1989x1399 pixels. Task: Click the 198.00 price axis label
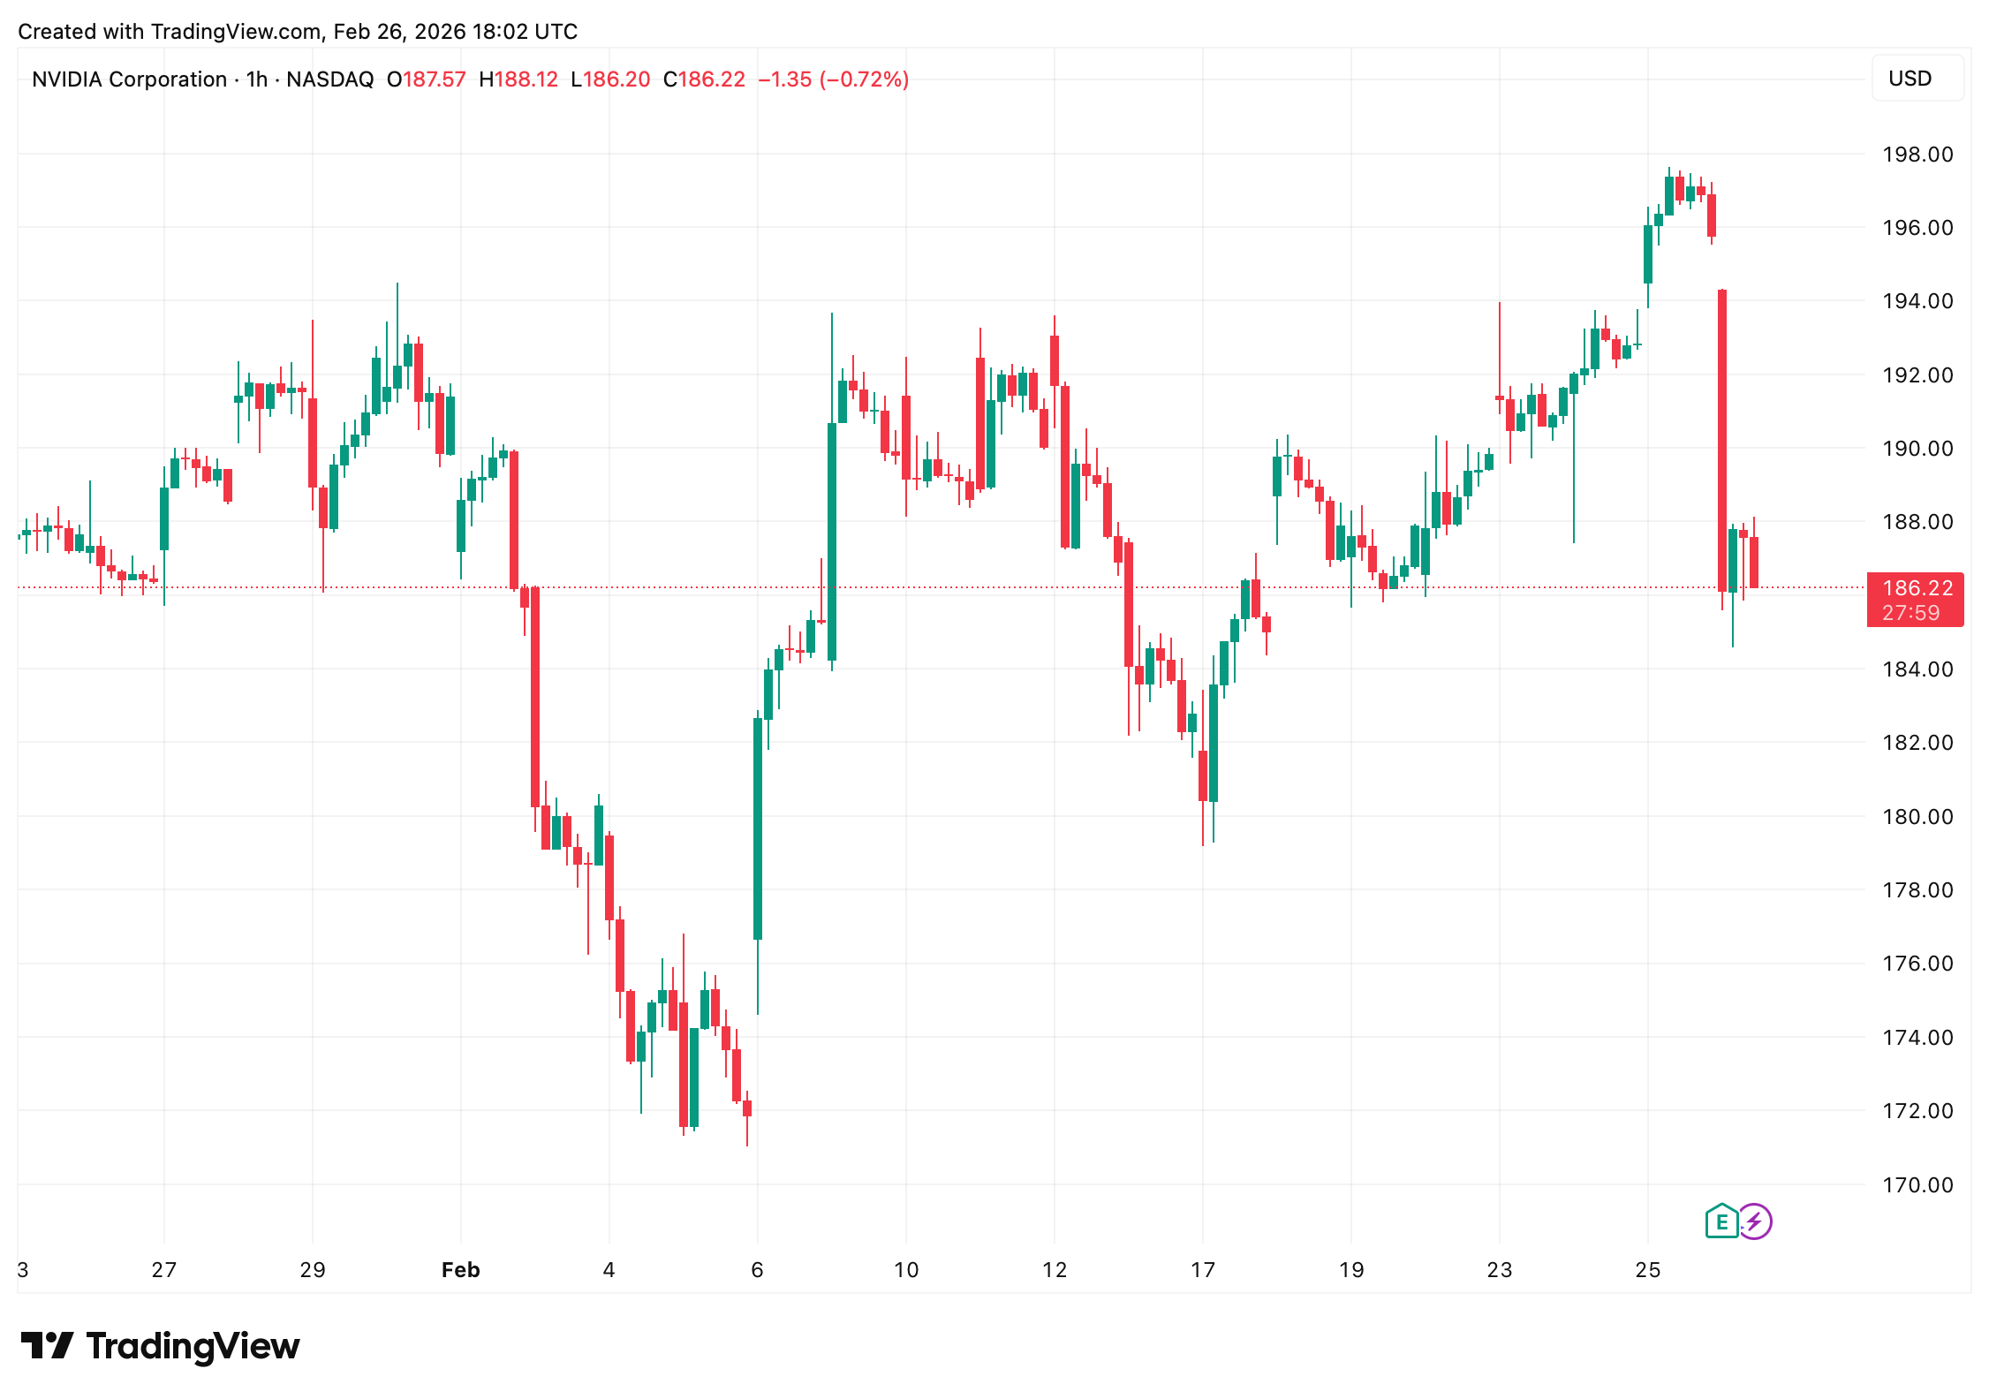click(1917, 155)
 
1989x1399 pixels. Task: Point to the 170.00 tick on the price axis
click(1917, 1184)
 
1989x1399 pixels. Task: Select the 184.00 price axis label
click(1917, 669)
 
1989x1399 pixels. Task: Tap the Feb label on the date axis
click(460, 1270)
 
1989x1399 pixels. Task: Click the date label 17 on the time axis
click(1202, 1270)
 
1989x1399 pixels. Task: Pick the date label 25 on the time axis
click(1647, 1270)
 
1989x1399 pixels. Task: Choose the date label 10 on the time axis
click(905, 1270)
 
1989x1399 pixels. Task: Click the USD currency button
click(1910, 79)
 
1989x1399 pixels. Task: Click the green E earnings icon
click(1721, 1222)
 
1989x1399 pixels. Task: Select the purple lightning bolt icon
click(1755, 1222)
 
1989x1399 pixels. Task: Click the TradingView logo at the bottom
click(160, 1346)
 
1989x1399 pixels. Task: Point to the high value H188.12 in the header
click(518, 79)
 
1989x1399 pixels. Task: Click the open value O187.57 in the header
click(426, 79)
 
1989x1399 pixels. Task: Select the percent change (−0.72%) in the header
click(864, 79)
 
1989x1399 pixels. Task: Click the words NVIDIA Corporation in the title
click(129, 79)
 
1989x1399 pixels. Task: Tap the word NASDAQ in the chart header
click(329, 79)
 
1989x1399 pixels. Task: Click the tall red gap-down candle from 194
click(1721, 440)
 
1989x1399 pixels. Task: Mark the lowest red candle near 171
click(747, 1108)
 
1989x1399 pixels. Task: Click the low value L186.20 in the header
click(610, 79)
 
